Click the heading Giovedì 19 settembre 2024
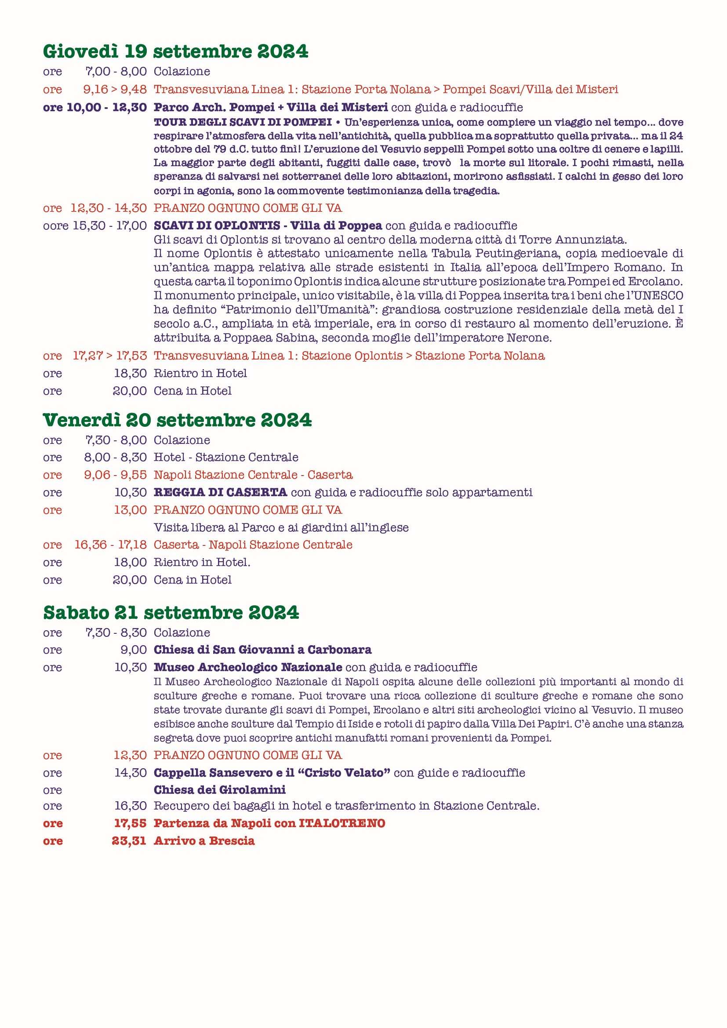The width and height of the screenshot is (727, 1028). tap(175, 52)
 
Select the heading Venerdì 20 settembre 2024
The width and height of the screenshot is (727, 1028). tap(177, 421)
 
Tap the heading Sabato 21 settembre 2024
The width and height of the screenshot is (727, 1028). tap(171, 613)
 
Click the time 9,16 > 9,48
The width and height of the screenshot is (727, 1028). tap(115, 90)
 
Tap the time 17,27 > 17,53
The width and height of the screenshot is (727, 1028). tap(110, 356)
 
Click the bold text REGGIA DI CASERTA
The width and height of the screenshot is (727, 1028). tap(220, 493)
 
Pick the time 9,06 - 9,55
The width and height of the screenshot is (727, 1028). tap(115, 475)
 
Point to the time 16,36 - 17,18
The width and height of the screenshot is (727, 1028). tap(111, 545)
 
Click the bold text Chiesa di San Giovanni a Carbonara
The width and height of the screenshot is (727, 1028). tap(263, 650)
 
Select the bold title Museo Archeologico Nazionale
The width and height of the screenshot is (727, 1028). tap(248, 668)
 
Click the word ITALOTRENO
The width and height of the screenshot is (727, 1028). tap(342, 823)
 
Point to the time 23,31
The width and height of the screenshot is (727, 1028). tap(129, 841)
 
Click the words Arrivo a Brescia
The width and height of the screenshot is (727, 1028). tap(204, 841)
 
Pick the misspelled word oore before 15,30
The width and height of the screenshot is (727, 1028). tap(55, 225)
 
